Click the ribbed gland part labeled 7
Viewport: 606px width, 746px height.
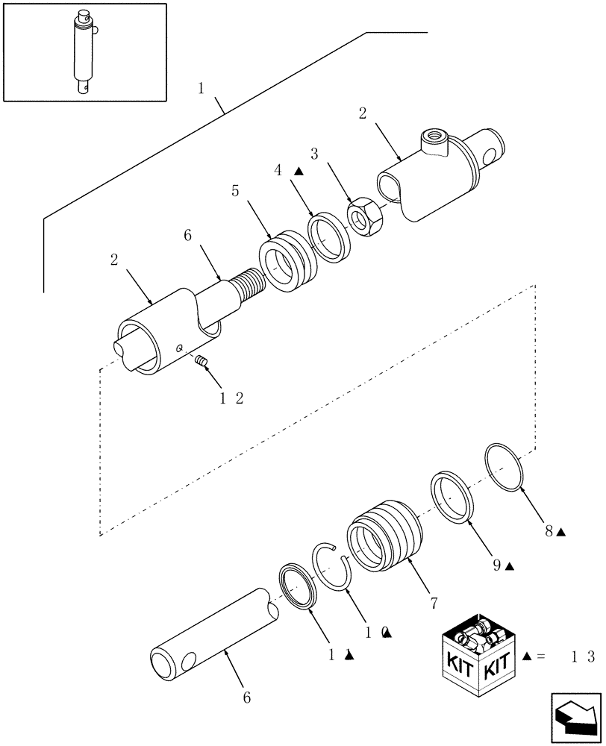pyautogui.click(x=384, y=536)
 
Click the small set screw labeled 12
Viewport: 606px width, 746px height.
pyautogui.click(x=200, y=362)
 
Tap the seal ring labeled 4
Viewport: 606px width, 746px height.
pyautogui.click(x=329, y=238)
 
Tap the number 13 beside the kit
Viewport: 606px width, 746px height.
pyautogui.click(x=581, y=656)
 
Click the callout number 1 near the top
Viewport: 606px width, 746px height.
pyautogui.click(x=202, y=89)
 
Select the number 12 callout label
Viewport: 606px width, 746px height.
pyautogui.click(x=230, y=398)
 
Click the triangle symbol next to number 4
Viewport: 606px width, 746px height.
pyautogui.click(x=299, y=171)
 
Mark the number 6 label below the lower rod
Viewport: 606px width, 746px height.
pyautogui.click(x=246, y=699)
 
